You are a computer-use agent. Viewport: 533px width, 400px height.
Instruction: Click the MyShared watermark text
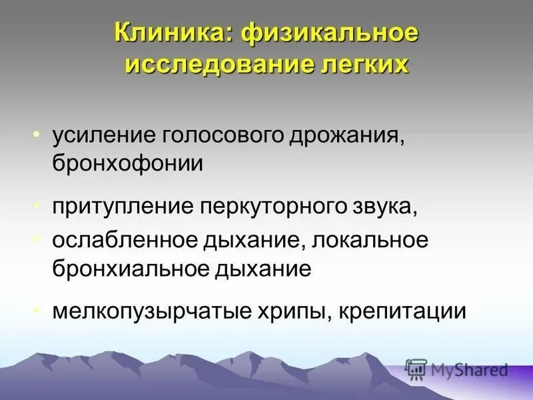467,369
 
